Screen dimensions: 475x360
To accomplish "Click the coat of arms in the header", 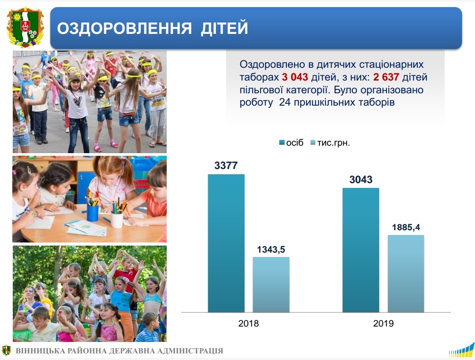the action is coord(26,28).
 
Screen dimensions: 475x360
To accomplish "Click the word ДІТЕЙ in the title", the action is coord(224,28).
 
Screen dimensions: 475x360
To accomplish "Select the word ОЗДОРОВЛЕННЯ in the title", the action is coord(124,28).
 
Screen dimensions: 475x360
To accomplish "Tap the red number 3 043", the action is coord(295,77).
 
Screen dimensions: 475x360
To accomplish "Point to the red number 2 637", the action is coord(386,77).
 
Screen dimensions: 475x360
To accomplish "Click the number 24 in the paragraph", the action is coord(285,102).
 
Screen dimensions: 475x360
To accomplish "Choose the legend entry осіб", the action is coord(291,143).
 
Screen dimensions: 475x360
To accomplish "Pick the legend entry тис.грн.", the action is coord(330,143).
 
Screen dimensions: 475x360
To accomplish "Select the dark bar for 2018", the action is coord(226,243).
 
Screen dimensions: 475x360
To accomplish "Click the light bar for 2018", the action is coord(271,285).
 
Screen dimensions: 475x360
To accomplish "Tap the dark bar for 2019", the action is coord(361,250).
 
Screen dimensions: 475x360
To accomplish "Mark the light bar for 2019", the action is coord(406,273).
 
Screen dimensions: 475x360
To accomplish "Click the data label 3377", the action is coord(226,165).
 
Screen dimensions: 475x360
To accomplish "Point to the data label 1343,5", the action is coord(271,250).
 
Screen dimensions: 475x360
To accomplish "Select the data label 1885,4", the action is coord(406,227).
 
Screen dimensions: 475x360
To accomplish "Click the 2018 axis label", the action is coord(248,323).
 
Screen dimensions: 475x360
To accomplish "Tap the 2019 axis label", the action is coord(383,323).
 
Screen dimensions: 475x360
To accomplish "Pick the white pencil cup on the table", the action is coord(117,219).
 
